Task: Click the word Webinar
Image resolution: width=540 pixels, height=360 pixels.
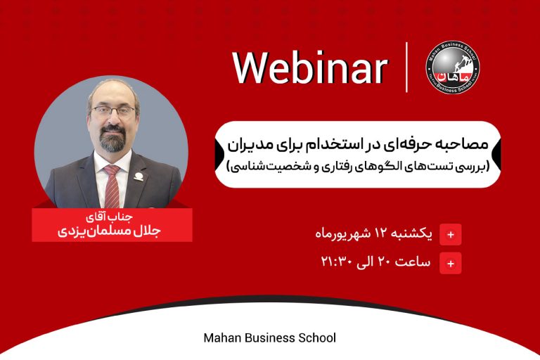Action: (x=311, y=68)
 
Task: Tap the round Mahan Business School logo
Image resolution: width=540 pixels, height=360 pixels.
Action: (x=453, y=67)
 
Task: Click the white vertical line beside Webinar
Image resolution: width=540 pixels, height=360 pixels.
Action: (x=406, y=67)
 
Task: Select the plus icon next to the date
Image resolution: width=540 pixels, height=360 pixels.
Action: (x=451, y=235)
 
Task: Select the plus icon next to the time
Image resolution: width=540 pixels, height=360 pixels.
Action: (x=451, y=264)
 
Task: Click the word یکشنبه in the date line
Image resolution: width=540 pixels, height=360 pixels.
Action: (x=412, y=234)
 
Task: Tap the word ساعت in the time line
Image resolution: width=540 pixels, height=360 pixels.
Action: (x=413, y=262)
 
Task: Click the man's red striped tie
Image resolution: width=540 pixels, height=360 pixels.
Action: (x=112, y=187)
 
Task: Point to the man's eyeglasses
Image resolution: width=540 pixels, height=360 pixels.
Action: (x=113, y=111)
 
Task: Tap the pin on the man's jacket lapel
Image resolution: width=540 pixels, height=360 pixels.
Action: (x=139, y=177)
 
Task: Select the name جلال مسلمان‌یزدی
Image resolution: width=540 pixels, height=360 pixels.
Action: (x=109, y=231)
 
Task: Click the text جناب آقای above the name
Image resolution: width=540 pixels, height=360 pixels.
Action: (x=109, y=217)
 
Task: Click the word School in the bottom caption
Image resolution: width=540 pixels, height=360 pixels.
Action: (x=317, y=337)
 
